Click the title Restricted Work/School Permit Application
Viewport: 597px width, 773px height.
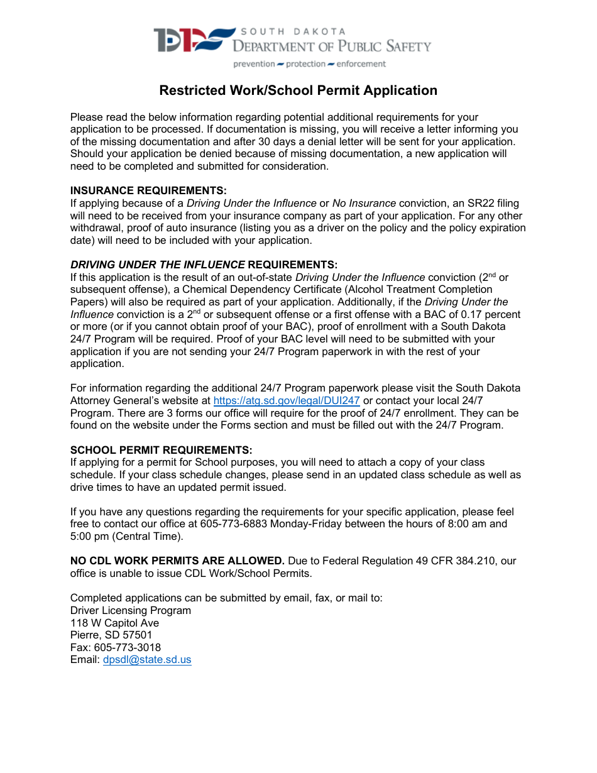(x=298, y=90)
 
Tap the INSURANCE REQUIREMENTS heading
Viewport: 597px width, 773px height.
(x=148, y=190)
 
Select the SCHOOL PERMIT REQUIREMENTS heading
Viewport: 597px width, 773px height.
(x=161, y=450)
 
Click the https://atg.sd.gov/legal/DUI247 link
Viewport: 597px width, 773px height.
(x=287, y=401)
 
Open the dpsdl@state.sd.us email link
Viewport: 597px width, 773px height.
(x=147, y=660)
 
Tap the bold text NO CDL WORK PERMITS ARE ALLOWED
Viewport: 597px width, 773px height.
(x=177, y=561)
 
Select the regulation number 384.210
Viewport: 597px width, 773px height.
(x=493, y=561)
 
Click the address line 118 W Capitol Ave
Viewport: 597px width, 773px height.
(x=114, y=623)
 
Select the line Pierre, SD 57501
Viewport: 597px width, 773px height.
(x=111, y=635)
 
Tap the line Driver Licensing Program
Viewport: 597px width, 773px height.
(x=131, y=610)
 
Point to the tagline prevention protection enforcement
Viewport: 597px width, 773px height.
(x=309, y=64)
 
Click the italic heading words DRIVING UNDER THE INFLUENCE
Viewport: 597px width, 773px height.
(x=158, y=265)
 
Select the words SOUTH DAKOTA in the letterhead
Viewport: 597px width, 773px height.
(x=293, y=31)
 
